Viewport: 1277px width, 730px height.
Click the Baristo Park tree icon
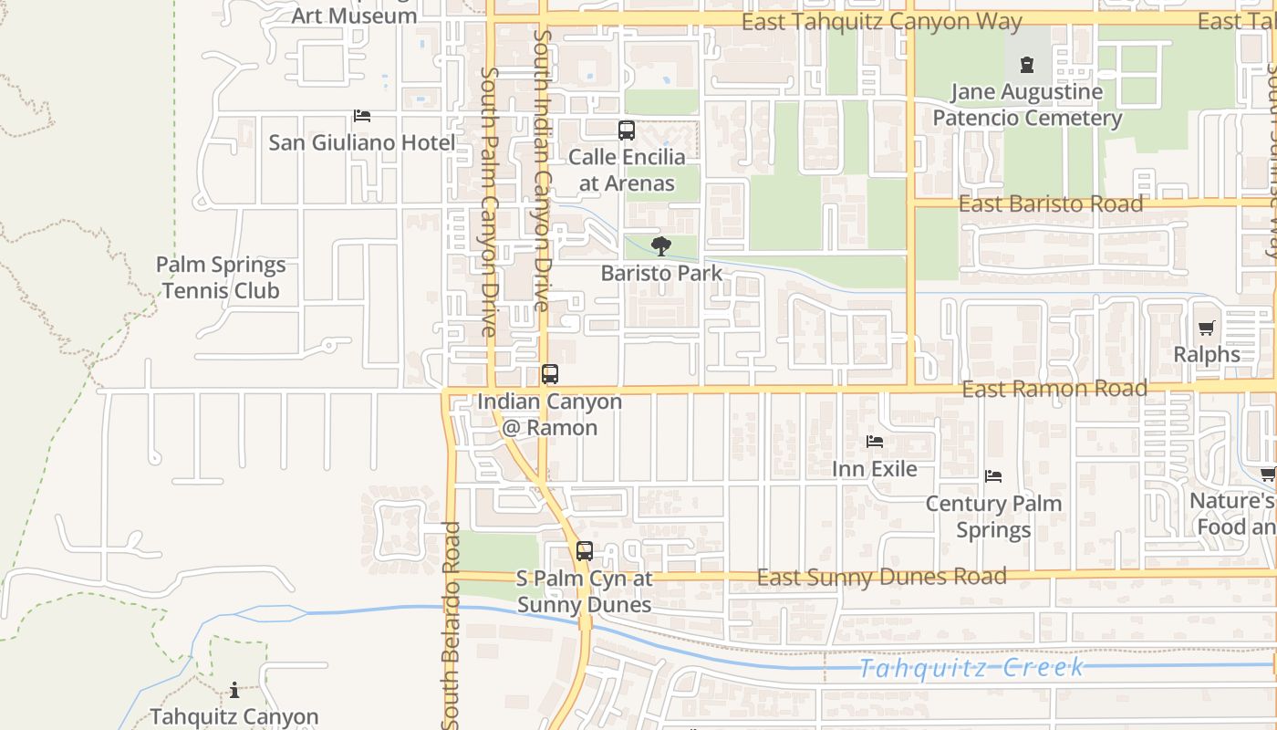tap(661, 246)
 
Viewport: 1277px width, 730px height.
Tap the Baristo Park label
tap(661, 273)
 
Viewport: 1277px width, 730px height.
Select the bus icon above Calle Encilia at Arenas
tap(627, 130)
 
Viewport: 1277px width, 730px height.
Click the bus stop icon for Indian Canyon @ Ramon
tap(549, 374)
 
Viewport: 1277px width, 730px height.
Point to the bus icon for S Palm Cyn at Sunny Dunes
tap(585, 551)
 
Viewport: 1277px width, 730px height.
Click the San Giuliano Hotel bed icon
tap(362, 116)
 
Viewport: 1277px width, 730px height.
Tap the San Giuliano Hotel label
tap(362, 142)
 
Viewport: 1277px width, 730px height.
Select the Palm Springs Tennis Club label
tap(220, 278)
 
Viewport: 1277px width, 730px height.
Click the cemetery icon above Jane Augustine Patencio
tap(1027, 65)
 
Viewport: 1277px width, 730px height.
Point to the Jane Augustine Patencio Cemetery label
tap(1027, 105)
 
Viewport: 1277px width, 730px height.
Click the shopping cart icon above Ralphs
tap(1207, 328)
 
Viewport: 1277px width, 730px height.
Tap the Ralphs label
tap(1207, 354)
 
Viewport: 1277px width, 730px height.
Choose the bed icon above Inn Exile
tap(875, 442)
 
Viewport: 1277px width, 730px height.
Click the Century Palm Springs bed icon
tap(993, 476)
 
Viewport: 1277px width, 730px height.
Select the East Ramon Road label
tap(1054, 389)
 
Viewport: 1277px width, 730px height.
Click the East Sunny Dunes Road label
tap(881, 577)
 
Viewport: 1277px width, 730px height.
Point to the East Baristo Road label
tap(1050, 203)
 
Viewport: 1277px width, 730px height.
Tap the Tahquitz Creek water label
tap(972, 668)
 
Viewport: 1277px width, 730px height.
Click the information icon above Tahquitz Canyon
tap(234, 690)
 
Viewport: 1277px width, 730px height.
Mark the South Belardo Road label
tap(451, 625)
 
